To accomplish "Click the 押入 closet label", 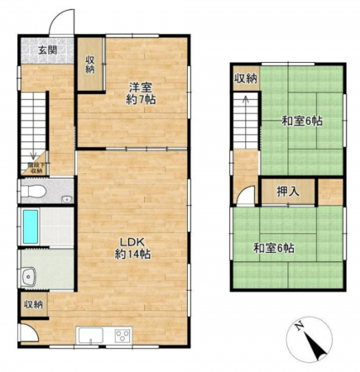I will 286,191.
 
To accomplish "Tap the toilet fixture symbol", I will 33,191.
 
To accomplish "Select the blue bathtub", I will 30,225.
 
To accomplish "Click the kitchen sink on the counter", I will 90,334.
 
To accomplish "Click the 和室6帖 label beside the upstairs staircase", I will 300,121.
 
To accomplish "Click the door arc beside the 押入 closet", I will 245,197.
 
